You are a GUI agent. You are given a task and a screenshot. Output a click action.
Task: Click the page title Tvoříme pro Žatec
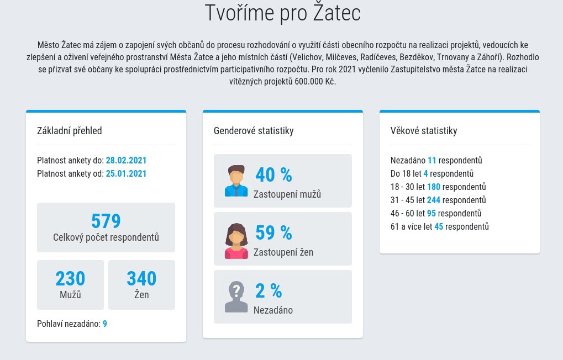(x=282, y=13)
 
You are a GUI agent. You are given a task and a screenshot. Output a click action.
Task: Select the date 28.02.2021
(x=126, y=161)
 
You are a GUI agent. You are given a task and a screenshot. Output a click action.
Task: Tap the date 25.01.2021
(x=126, y=174)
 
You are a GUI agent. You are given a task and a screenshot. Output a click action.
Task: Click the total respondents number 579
(x=106, y=221)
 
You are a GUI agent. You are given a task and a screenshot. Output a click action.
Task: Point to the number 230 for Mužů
(x=70, y=278)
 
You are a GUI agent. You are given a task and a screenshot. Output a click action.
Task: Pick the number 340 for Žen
(x=141, y=278)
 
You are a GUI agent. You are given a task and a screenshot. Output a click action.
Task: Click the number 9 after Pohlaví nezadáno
(x=105, y=324)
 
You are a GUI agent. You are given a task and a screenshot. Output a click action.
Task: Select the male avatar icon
(x=236, y=181)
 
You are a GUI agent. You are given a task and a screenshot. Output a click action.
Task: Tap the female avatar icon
(x=236, y=241)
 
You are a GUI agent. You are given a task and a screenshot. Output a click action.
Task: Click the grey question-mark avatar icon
(x=236, y=297)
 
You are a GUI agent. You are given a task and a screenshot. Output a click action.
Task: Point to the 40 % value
(x=273, y=175)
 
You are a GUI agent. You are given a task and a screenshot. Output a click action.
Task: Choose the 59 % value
(x=273, y=233)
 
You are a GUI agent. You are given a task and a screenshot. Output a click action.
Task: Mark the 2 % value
(x=269, y=291)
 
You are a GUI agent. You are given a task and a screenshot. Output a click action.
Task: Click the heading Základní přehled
(x=69, y=131)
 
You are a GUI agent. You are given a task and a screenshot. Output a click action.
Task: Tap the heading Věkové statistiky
(x=424, y=131)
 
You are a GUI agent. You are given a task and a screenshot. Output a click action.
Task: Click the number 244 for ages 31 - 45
(x=433, y=200)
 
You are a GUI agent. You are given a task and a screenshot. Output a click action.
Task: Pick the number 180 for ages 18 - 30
(x=433, y=187)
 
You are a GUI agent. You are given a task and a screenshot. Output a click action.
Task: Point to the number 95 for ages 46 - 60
(x=432, y=214)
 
